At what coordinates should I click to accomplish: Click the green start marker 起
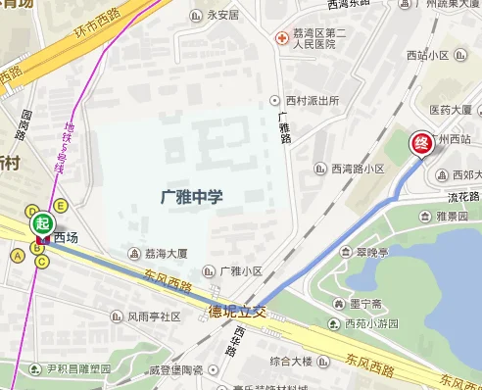pos(41,222)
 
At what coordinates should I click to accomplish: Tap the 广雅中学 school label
pos(191,197)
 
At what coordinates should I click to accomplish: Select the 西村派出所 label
pos(312,101)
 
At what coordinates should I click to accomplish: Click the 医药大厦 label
pos(451,110)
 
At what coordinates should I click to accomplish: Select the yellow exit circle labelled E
pos(60,205)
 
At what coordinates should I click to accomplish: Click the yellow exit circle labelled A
pos(17,256)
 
